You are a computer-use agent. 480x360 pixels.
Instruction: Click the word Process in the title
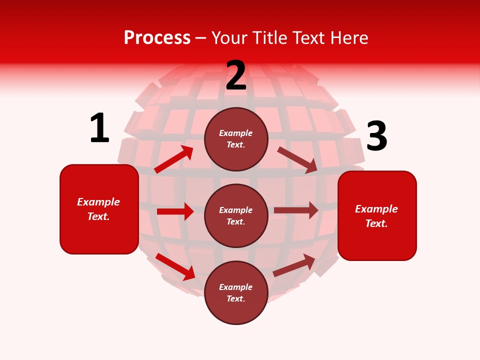click(x=157, y=38)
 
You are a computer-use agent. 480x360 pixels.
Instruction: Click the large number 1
click(x=99, y=128)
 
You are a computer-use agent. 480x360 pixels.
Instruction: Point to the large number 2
click(x=236, y=75)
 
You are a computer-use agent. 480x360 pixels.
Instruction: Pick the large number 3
click(x=376, y=136)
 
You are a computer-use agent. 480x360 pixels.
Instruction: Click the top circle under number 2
click(x=236, y=139)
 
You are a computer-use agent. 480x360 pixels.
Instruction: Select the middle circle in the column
click(x=236, y=215)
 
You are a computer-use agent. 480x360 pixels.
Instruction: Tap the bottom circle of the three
click(x=236, y=292)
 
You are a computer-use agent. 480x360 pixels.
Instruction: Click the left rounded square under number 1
click(x=99, y=209)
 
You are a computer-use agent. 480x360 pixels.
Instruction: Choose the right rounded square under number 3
click(x=377, y=216)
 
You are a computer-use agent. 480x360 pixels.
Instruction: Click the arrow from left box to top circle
click(x=174, y=159)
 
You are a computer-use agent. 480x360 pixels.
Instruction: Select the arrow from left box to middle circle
click(x=175, y=211)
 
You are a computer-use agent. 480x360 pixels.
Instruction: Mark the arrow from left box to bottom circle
click(x=175, y=266)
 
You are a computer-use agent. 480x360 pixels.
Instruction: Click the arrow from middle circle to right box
click(x=296, y=210)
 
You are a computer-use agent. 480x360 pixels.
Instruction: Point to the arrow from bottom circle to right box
click(x=294, y=265)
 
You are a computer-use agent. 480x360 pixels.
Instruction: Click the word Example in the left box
click(x=98, y=202)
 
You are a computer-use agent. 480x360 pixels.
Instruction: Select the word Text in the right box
click(x=375, y=223)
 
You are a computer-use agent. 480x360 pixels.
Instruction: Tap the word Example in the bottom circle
click(x=236, y=287)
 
